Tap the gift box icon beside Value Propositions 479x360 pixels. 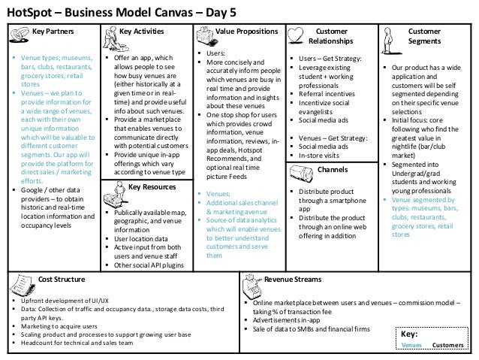(203, 35)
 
